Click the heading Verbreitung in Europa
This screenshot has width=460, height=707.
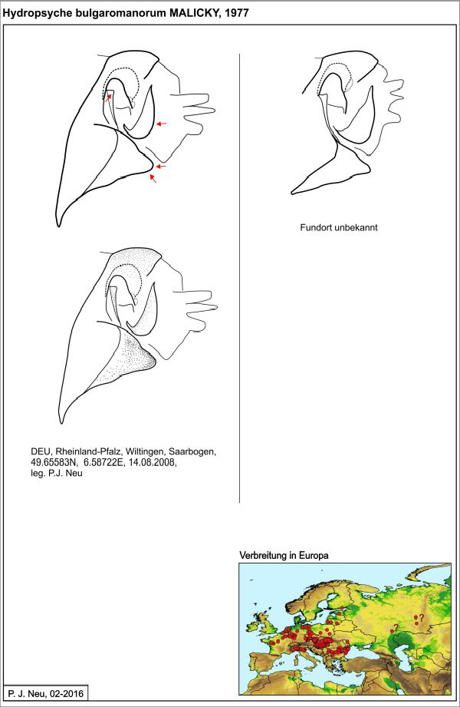click(284, 554)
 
